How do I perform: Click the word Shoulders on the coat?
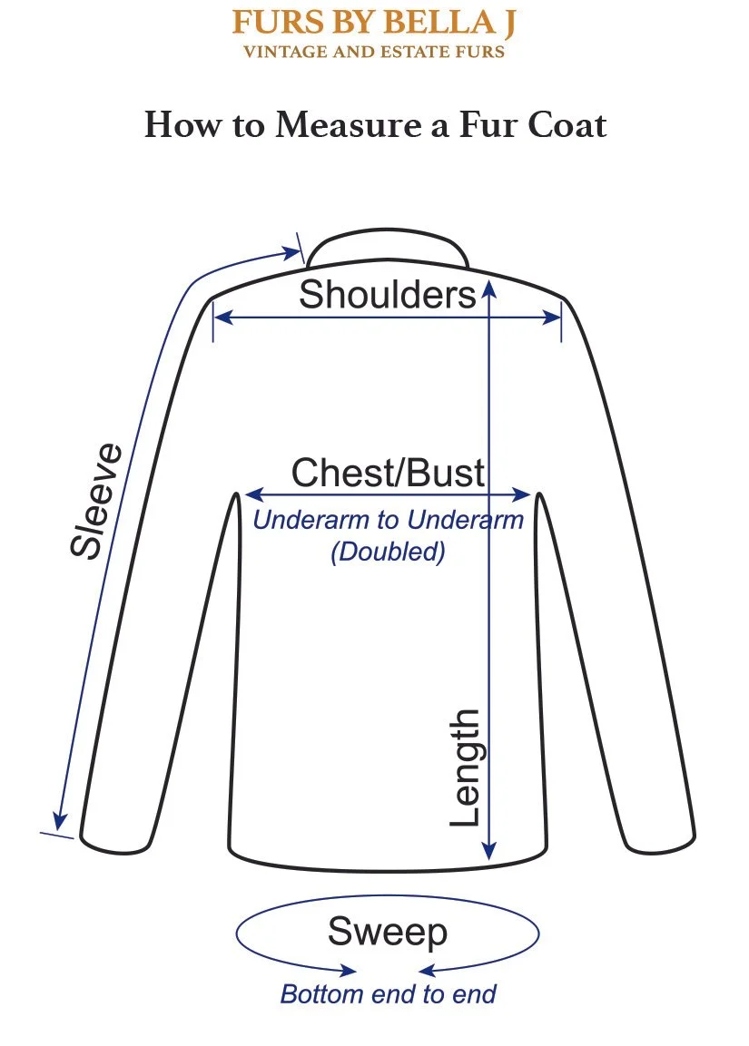click(388, 295)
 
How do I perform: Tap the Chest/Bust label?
click(388, 474)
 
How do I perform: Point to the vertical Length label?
click(465, 767)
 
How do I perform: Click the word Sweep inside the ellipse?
click(388, 932)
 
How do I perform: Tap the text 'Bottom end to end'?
click(388, 994)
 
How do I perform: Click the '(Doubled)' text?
click(388, 552)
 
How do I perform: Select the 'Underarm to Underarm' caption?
click(388, 521)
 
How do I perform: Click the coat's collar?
click(388, 247)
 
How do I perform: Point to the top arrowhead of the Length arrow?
click(489, 288)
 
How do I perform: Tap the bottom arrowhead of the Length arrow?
click(489, 852)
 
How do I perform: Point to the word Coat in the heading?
click(567, 124)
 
